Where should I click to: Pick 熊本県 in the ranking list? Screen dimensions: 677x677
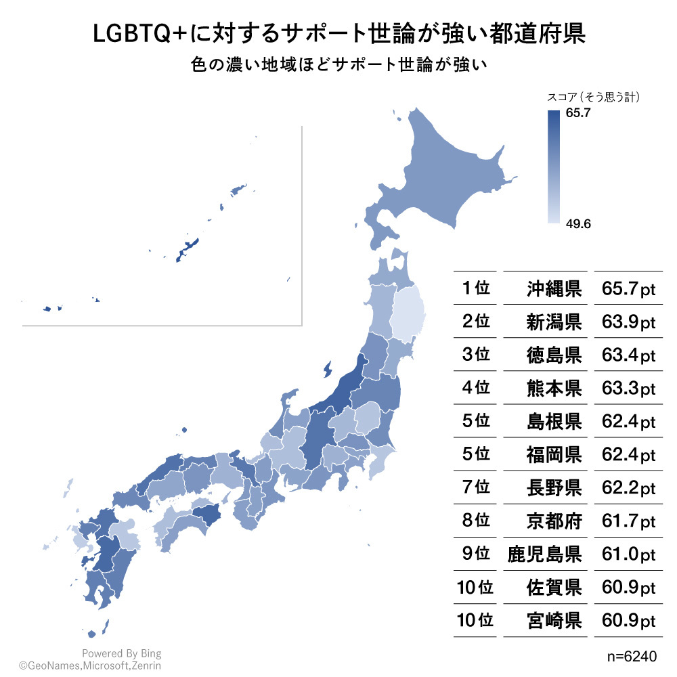(x=554, y=388)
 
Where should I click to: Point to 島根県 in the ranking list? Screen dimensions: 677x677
(x=554, y=421)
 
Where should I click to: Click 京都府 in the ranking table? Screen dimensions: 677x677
(x=554, y=521)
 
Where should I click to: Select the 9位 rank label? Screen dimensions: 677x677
(x=475, y=554)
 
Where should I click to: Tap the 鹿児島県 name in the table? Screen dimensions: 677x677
(x=544, y=554)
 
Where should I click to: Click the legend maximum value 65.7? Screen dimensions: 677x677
(x=579, y=114)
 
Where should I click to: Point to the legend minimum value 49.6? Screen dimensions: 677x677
(x=579, y=224)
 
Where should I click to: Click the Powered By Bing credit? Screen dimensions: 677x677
(x=122, y=653)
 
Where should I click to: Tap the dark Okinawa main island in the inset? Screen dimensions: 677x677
(x=187, y=249)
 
